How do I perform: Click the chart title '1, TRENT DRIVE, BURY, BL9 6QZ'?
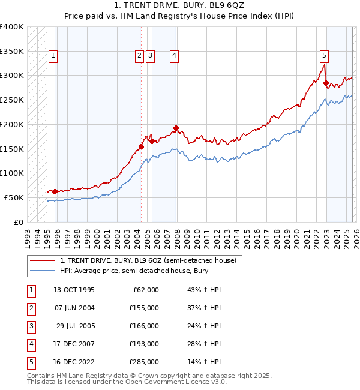(179, 7)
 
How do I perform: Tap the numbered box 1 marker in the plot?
(53, 56)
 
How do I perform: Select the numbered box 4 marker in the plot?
(174, 56)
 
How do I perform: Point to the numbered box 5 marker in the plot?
(324, 56)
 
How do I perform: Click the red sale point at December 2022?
(326, 83)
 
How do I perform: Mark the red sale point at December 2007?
(176, 128)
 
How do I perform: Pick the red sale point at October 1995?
(55, 191)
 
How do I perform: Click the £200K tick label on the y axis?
(12, 124)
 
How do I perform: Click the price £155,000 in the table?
(143, 308)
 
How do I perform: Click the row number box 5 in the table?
(30, 362)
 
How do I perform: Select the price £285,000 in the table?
(143, 362)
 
